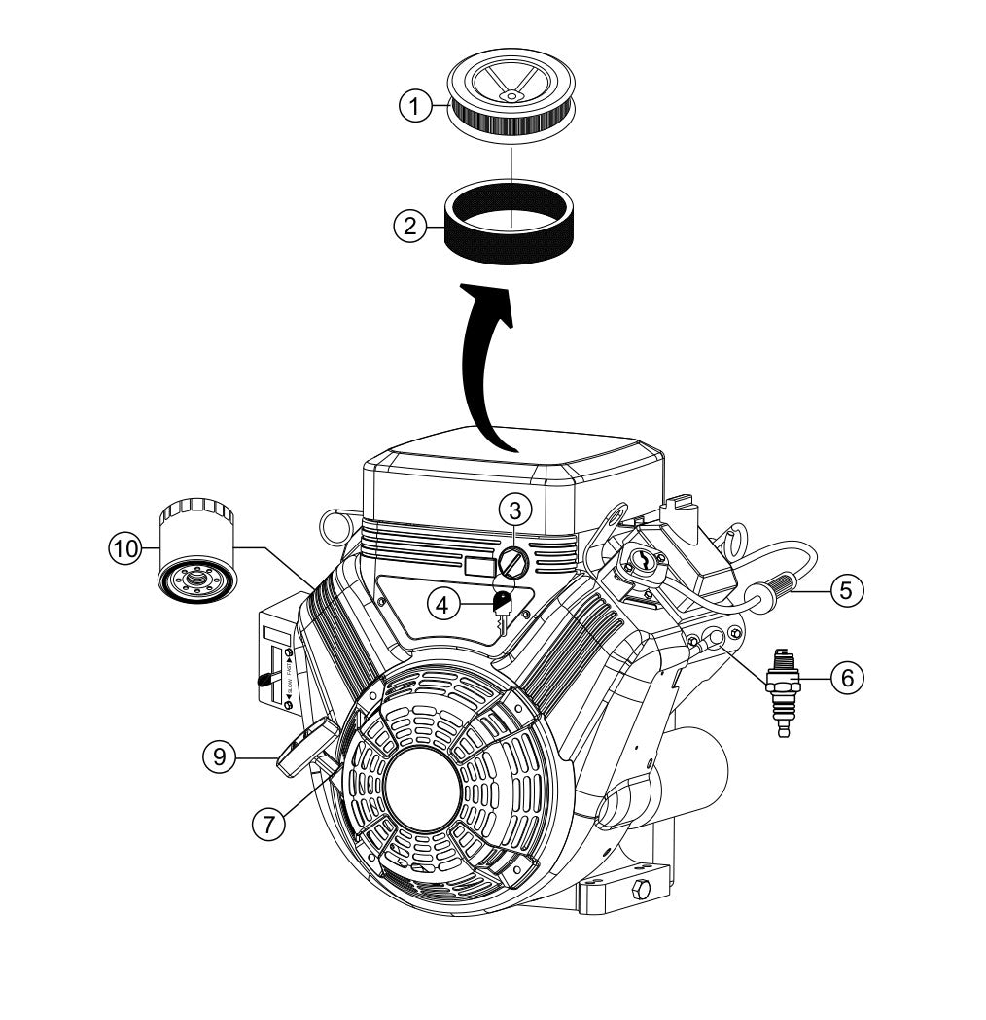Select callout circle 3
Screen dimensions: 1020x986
pos(515,509)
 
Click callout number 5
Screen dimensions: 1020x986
pos(845,588)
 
